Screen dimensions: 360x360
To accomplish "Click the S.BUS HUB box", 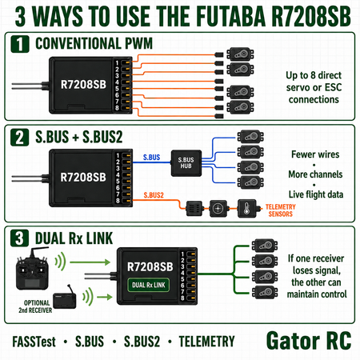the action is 186,163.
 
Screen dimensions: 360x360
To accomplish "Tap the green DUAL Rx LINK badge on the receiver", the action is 149,285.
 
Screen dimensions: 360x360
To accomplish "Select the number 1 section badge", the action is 20,44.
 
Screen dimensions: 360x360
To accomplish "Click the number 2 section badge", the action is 19,138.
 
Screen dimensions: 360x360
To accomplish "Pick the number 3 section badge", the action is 19,238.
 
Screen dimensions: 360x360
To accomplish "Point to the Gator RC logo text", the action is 309,341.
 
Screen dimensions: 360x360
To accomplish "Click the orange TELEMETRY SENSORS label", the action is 281,210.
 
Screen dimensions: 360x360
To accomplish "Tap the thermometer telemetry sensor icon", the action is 247,208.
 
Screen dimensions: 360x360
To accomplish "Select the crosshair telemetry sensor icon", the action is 218,208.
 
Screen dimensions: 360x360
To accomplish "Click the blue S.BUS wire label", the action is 151,158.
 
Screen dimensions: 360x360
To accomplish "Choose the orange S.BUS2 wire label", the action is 154,195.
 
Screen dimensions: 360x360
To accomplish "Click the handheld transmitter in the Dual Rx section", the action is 32,269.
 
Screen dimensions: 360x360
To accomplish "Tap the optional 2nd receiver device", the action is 65,298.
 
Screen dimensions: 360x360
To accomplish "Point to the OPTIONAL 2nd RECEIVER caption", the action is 35,306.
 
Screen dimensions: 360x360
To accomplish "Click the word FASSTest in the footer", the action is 34,342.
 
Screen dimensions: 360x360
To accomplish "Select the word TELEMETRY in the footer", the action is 206,342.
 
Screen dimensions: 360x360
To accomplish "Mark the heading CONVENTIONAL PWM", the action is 94,43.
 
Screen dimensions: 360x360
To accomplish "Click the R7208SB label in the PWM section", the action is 83,85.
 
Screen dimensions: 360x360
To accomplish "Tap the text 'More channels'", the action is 315,174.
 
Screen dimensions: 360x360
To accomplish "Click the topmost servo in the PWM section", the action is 240,54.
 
